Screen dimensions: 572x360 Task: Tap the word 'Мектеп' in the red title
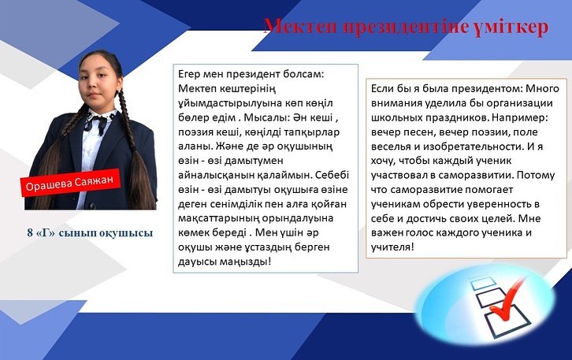300,27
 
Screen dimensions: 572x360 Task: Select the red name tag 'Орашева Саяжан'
69,183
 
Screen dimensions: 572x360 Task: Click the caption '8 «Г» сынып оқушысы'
90,232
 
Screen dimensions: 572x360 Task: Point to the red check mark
507,299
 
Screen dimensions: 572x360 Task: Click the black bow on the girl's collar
96,124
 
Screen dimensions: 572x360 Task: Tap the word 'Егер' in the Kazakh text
189,74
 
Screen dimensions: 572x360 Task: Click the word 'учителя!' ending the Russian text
392,247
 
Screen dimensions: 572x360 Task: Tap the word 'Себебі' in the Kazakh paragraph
332,175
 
